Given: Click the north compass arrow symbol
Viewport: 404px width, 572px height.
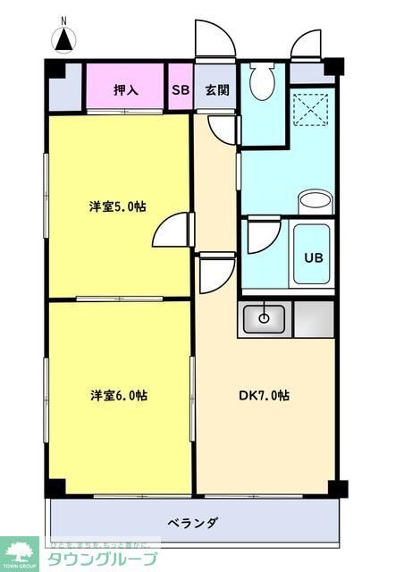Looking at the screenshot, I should [64, 39].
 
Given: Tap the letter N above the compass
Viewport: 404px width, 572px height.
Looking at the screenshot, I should [63, 19].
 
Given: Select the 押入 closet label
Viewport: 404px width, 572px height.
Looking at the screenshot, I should [125, 89].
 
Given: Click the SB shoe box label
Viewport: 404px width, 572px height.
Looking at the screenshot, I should [181, 89].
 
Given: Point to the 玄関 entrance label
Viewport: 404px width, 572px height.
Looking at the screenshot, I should [215, 89].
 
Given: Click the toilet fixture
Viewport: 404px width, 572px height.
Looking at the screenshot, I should [263, 80].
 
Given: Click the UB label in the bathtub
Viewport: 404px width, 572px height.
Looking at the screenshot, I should [313, 257].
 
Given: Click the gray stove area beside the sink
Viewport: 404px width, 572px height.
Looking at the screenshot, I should [313, 320].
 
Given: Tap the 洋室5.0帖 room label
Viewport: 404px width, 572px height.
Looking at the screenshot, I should [117, 206].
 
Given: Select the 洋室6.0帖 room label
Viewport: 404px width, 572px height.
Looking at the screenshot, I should [117, 395].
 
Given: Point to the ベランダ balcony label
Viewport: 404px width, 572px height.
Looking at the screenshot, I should [193, 522].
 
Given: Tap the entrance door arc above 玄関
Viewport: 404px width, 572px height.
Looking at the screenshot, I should [211, 39].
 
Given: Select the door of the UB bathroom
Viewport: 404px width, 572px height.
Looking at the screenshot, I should [263, 236].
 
